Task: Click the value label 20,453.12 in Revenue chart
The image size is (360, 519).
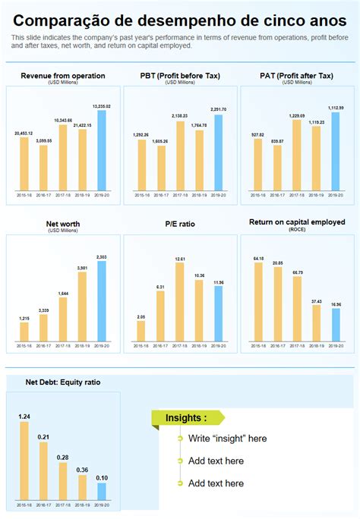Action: [24, 133]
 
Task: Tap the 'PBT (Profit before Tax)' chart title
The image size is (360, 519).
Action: [180, 76]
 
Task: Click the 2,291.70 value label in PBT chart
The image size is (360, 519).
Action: [219, 109]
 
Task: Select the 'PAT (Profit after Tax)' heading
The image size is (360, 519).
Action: [297, 76]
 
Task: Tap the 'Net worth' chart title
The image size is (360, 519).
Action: [63, 225]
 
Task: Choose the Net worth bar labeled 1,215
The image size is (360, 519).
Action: [24, 332]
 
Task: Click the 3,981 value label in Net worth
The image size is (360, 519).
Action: [82, 267]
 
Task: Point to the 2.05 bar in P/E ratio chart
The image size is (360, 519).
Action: [141, 331]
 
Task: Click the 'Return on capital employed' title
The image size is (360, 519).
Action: [297, 222]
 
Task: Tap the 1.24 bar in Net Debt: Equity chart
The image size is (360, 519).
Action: [24, 460]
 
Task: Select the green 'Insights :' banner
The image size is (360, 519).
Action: [188, 418]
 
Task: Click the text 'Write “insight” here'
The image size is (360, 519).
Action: [227, 439]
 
